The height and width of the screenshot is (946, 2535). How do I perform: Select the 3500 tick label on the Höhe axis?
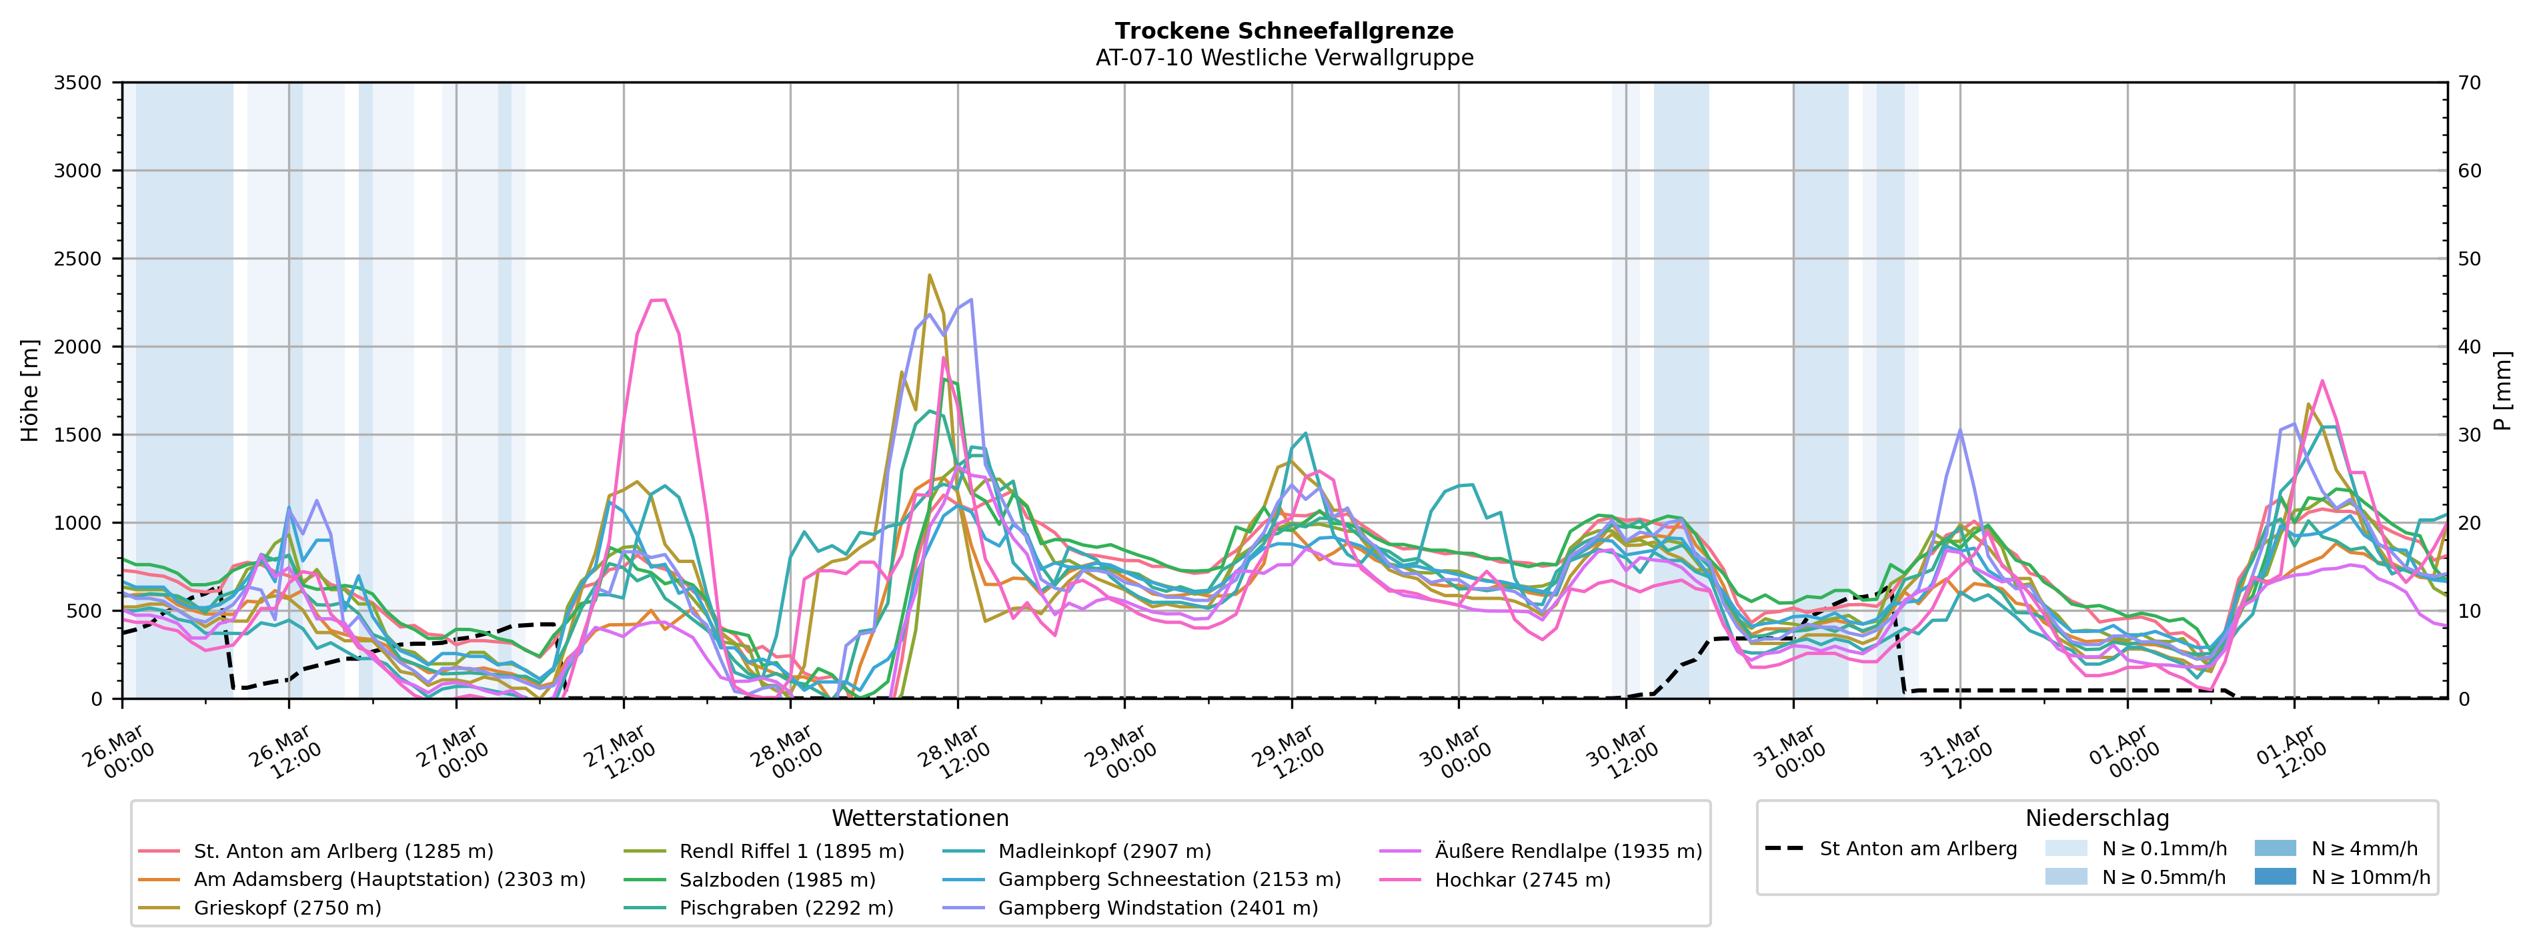[x=78, y=83]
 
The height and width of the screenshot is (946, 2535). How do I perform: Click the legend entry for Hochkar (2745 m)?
[x=1523, y=880]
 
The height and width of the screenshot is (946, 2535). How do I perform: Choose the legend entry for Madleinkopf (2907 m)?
[x=1104, y=851]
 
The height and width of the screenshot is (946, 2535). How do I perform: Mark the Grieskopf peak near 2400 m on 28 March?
[x=929, y=276]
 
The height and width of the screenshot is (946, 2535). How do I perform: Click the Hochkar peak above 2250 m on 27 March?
[x=658, y=300]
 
